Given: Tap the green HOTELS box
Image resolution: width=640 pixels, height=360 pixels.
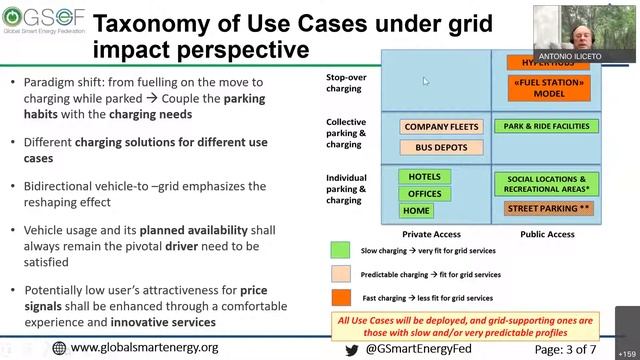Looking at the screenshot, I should tap(424, 177).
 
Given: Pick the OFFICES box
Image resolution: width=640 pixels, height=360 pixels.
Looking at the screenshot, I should tap(424, 194).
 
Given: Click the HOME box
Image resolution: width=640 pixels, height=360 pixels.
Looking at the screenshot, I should tap(416, 211).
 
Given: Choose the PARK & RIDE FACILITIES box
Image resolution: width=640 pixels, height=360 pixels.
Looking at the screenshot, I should tap(545, 127).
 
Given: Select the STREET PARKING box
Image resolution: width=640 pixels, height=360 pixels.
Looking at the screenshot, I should tap(547, 209).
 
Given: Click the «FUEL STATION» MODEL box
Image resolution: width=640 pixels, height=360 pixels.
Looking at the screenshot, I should tap(542, 87).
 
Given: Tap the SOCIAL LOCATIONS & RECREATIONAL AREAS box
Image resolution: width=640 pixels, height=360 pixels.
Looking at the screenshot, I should tap(547, 183).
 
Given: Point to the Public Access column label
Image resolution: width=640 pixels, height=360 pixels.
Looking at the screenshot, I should tap(548, 234).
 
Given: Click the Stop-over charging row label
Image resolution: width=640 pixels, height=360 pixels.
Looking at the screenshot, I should tap(347, 81).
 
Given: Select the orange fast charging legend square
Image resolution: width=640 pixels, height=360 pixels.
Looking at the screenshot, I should tap(340, 296).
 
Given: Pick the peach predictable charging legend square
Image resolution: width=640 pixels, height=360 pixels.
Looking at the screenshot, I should tap(340, 274).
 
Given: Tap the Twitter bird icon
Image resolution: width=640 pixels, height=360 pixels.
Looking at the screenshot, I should tap(352, 349).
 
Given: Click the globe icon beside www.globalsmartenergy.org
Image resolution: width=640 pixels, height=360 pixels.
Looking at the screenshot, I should tap(59, 348).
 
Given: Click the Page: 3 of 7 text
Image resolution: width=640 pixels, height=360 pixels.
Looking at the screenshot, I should tap(578, 348).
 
